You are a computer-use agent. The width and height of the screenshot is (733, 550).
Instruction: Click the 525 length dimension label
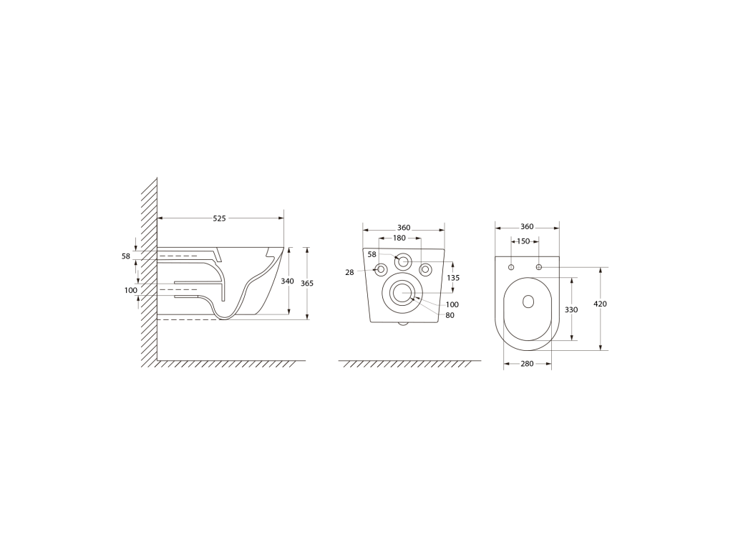point(219,218)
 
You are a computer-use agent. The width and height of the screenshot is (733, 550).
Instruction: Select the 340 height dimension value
point(287,281)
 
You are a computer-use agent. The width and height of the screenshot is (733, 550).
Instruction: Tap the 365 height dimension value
point(307,284)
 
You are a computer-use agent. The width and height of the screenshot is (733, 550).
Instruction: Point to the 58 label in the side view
point(126,256)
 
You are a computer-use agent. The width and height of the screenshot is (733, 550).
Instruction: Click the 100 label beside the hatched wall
point(131,291)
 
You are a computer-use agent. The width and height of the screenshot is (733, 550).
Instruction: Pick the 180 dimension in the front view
point(399,238)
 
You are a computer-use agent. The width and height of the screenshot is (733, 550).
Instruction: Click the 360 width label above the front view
point(404,228)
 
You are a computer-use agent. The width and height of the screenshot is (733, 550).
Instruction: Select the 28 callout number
point(349,272)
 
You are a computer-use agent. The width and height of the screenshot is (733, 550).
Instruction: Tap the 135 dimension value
point(453,278)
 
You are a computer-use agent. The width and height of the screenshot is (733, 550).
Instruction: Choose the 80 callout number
point(450,315)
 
